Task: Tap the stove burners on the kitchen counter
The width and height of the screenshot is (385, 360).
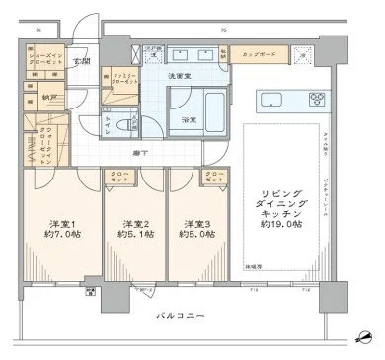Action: click(x=318, y=99)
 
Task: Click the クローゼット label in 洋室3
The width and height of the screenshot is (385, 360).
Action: click(x=213, y=179)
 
